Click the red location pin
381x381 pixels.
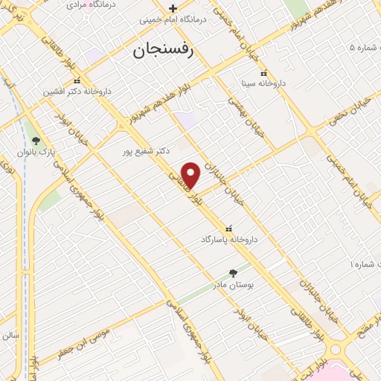tap(191, 174)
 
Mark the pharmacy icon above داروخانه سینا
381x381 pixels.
tap(263, 74)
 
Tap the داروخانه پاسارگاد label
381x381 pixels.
tap(228, 240)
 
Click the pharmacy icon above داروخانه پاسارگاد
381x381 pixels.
tap(228, 228)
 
